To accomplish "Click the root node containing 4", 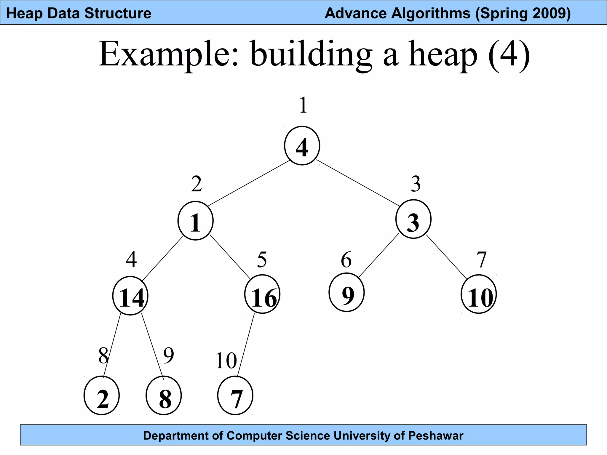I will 302,146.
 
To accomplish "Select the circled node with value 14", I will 130,296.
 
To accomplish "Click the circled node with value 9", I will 346,293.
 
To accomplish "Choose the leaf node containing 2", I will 102,396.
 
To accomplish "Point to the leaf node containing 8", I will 164,396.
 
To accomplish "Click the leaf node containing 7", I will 235,396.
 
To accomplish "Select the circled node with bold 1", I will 196,221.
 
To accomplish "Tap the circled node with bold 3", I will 413,220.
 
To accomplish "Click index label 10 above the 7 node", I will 226,361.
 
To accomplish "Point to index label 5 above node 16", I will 262,259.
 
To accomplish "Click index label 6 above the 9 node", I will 346,260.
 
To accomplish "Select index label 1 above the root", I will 303,105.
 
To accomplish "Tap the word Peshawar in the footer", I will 436,436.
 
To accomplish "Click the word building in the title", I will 311,55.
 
